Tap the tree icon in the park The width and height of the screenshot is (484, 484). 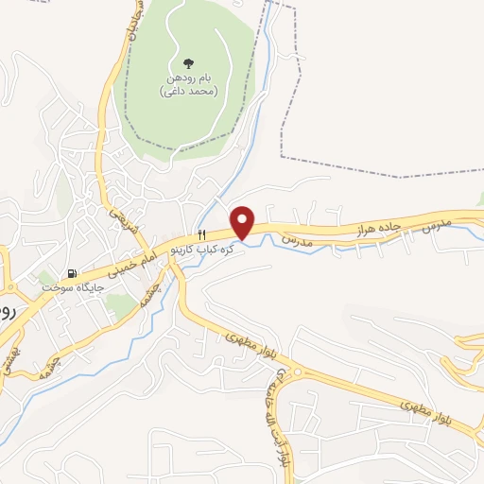[190, 64]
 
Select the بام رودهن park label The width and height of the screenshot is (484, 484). [190, 80]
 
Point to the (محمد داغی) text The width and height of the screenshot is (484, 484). [189, 92]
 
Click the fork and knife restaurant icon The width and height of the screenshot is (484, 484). [201, 234]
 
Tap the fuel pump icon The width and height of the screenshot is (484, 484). [45, 282]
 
